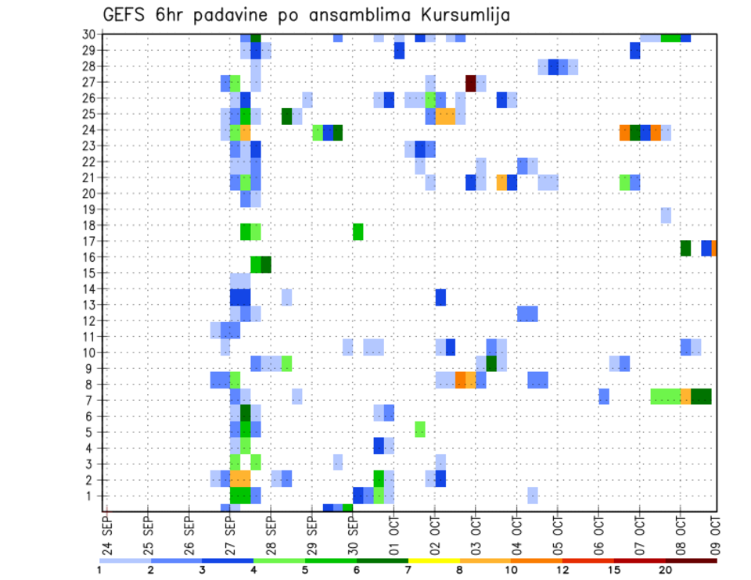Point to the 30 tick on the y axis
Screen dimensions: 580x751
coord(89,34)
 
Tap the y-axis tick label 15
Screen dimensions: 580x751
coord(89,273)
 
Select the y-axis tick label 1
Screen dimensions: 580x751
coord(92,496)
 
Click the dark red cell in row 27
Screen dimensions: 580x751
coord(471,82)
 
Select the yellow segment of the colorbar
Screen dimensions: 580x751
coord(434,560)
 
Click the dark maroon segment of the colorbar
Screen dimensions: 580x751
coord(692,560)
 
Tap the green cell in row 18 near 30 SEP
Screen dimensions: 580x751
coord(358,231)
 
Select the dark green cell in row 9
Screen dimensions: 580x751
coord(491,363)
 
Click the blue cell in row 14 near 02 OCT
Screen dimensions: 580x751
coord(440,297)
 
